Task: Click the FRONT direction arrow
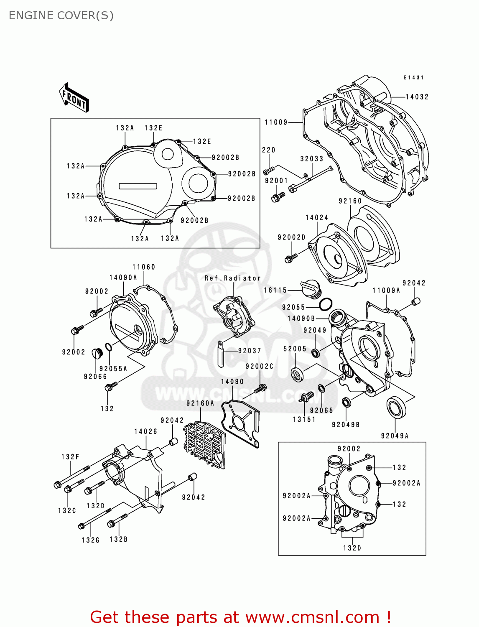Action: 74,97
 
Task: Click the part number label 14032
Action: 417,97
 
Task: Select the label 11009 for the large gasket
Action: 276,122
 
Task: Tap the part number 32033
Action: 311,159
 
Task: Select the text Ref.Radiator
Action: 232,278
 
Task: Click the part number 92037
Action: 250,351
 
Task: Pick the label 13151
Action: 304,419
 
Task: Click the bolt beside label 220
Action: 268,170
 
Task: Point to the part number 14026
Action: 145,431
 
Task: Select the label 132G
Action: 90,540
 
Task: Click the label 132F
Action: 70,457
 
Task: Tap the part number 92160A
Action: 200,403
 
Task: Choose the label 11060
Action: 143,267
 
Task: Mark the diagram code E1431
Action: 413,78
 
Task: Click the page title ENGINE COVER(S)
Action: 61,15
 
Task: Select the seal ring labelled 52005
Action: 297,374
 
